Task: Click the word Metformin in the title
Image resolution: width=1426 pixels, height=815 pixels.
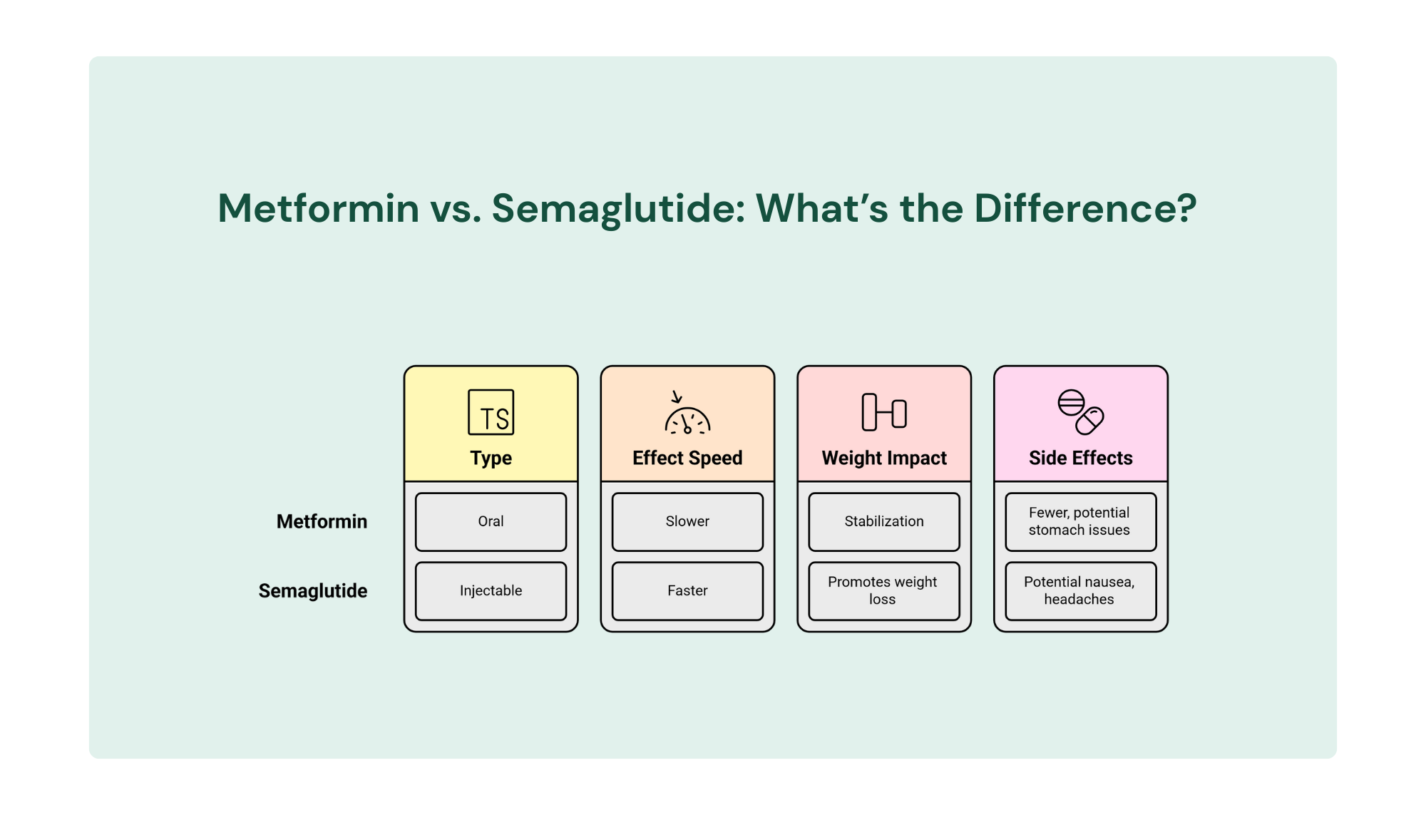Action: click(318, 208)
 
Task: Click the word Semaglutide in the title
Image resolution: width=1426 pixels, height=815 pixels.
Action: click(617, 208)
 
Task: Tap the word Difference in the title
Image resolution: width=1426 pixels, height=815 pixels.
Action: click(1084, 208)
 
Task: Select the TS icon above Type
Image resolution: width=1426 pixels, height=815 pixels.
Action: click(491, 412)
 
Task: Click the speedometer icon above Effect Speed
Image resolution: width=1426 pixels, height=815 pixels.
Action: click(687, 414)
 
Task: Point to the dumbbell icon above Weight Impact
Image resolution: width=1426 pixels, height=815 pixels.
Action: click(884, 412)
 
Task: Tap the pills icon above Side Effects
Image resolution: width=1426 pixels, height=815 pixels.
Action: click(1080, 412)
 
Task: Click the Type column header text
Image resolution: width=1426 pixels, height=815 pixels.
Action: click(491, 458)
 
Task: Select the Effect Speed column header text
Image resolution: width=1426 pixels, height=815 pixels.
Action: click(687, 458)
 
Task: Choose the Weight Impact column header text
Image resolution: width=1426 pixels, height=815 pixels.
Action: click(884, 458)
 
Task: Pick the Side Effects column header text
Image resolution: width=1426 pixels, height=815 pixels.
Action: click(1080, 458)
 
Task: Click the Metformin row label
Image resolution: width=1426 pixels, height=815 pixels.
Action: click(322, 521)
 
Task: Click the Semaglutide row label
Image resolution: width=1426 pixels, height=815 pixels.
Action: click(313, 590)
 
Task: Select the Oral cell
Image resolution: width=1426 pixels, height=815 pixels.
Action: click(491, 521)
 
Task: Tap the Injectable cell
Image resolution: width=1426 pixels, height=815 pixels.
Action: click(491, 590)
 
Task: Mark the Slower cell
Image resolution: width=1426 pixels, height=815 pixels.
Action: click(687, 521)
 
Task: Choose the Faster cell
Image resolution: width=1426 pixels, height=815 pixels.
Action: click(687, 590)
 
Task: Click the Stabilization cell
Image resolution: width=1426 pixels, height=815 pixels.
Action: click(884, 521)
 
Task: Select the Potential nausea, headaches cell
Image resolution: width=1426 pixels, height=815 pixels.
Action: click(1080, 590)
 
